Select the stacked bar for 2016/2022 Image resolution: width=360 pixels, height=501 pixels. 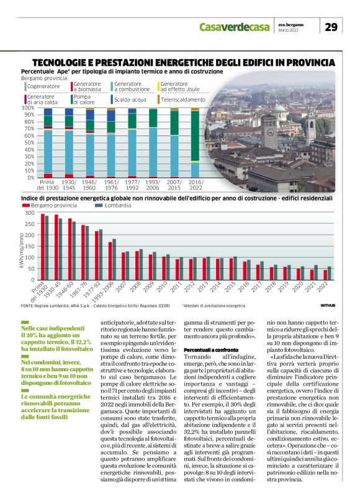point(196,143)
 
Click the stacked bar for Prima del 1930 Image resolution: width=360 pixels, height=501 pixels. point(48,143)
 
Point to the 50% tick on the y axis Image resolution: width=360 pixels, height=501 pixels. point(28,143)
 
